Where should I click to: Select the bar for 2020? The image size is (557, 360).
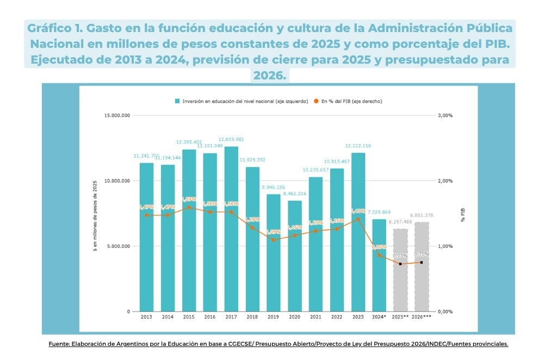295,256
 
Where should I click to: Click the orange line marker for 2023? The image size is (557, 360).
358,219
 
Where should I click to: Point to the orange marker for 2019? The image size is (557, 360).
274,240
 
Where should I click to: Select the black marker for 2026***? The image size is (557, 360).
422,263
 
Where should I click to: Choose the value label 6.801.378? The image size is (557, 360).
422,215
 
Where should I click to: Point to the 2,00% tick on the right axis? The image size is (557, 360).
446,181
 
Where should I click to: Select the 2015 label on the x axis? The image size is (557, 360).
189,316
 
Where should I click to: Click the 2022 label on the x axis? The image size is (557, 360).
337,316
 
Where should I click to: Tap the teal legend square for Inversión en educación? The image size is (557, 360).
177,101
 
